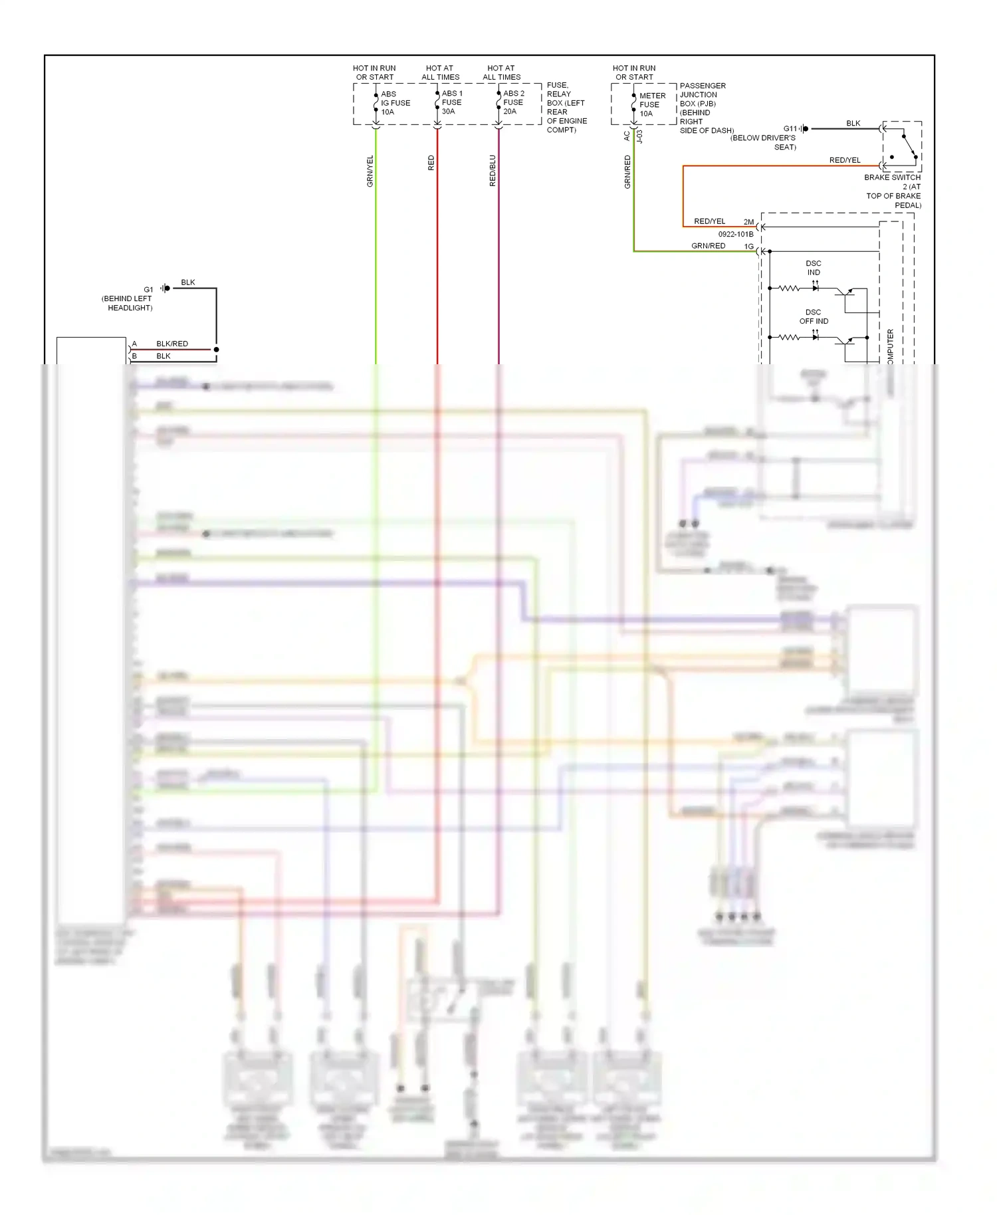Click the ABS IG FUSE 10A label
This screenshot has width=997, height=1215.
(395, 103)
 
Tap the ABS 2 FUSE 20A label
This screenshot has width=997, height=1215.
(513, 102)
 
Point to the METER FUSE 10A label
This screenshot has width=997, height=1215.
(651, 104)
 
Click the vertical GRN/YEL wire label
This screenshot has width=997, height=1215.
(370, 171)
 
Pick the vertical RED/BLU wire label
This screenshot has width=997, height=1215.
(493, 171)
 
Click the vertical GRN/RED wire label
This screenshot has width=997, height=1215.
(627, 171)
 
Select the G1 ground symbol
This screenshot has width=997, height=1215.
(165, 288)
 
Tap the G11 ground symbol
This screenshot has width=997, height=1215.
(804, 129)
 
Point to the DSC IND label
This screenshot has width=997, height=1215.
(814, 268)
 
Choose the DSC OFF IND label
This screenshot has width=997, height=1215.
(814, 316)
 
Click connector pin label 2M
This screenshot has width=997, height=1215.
(748, 222)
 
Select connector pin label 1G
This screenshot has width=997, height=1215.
(748, 247)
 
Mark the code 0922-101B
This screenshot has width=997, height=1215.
(736, 235)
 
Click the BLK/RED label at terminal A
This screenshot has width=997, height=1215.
(172, 344)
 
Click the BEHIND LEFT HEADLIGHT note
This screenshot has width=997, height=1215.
(127, 303)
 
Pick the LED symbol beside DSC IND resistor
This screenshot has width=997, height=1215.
(816, 288)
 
